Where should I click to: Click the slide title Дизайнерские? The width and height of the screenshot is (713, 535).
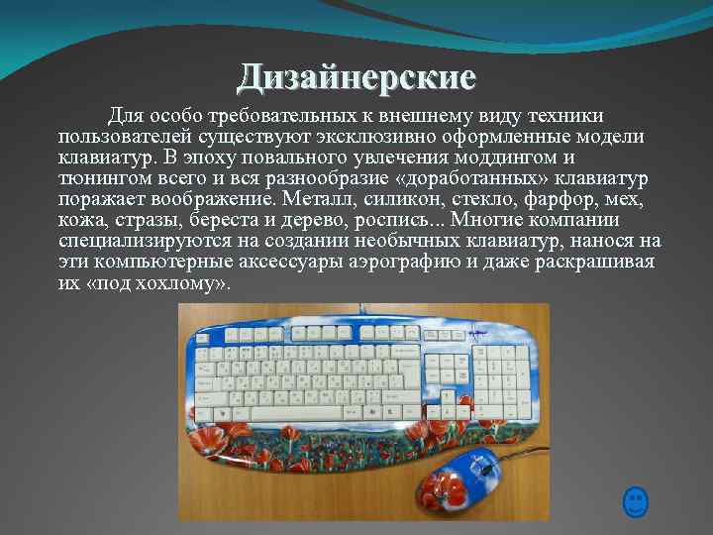pyautogui.click(x=356, y=76)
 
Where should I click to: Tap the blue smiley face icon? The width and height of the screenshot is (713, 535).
pyautogui.click(x=636, y=501)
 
